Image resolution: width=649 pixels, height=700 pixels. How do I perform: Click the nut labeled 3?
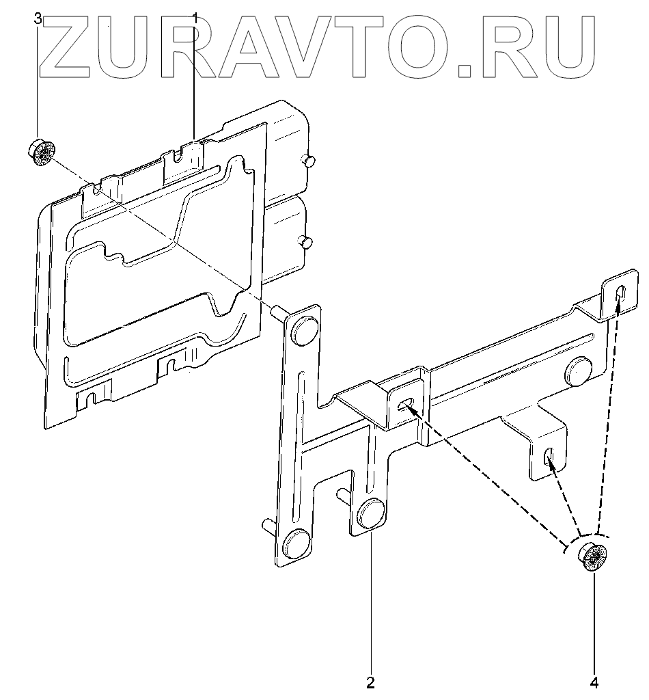[x=42, y=152]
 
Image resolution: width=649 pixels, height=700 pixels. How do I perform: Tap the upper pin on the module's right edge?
[x=307, y=160]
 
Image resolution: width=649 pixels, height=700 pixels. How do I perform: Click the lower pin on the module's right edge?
[x=307, y=242]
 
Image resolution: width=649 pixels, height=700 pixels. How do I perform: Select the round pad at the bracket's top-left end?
[x=302, y=328]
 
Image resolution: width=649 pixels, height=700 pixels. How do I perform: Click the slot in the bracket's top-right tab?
[x=621, y=293]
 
